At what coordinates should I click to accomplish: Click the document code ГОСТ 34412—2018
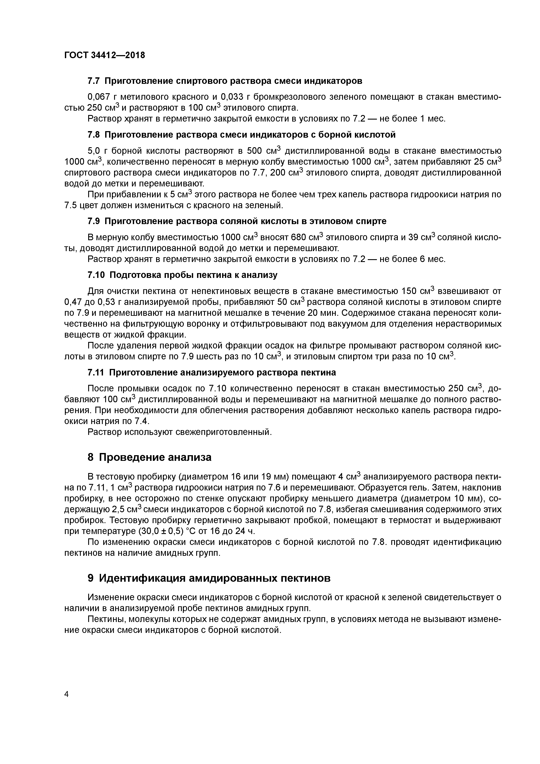[105, 55]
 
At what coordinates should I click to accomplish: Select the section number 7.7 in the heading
[94, 81]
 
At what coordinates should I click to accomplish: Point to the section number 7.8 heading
[94, 135]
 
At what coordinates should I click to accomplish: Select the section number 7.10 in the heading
[96, 275]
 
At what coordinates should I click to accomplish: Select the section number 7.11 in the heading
[96, 373]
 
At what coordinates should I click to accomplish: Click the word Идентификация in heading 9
[142, 578]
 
